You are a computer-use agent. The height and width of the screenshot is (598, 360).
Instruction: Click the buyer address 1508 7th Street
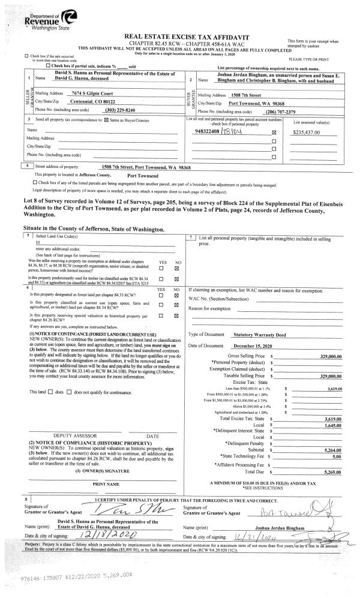pyautogui.click(x=260, y=95)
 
